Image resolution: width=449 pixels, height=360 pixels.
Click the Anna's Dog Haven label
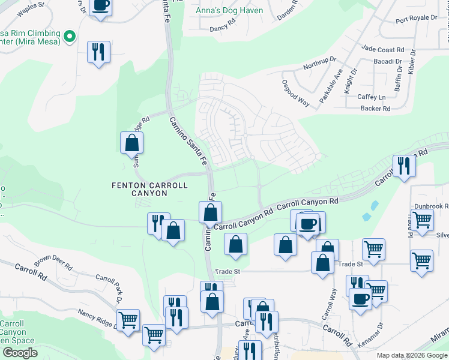[x=225, y=10]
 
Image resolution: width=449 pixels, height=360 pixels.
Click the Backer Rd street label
[x=376, y=109]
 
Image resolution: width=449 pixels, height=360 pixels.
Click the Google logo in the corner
[x=20, y=353]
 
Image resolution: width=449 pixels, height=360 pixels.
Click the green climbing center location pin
[x=70, y=37]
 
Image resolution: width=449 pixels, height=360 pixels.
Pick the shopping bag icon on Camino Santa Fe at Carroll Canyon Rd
[x=211, y=212]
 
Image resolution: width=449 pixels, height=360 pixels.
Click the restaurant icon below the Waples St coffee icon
[x=98, y=52]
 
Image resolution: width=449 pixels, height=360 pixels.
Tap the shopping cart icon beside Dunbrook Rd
[x=422, y=220]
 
